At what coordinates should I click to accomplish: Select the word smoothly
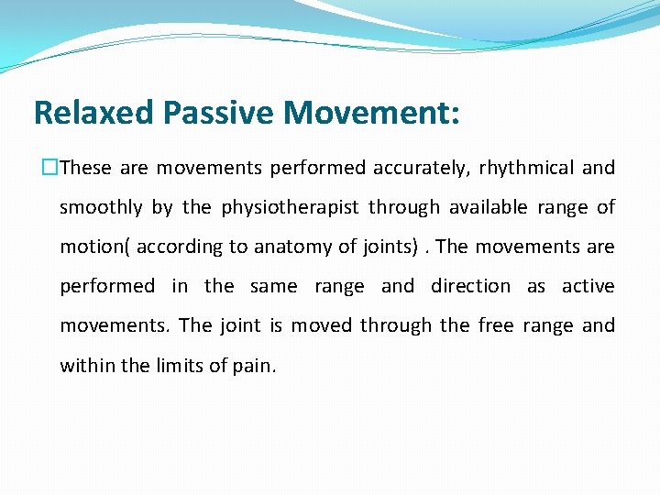click(x=101, y=208)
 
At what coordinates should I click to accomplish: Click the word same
click(x=273, y=286)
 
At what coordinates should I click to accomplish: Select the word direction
click(x=470, y=286)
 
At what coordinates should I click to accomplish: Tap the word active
click(x=588, y=286)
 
